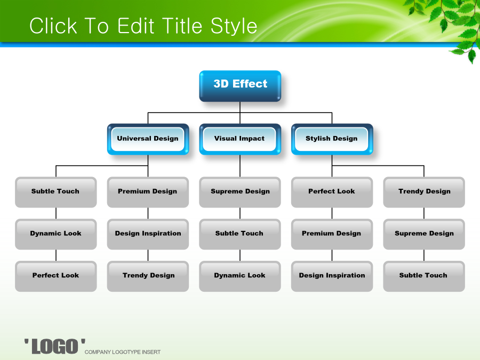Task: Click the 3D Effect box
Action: point(240,86)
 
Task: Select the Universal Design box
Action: point(148,139)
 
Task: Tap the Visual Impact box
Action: point(240,139)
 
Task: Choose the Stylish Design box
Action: point(332,139)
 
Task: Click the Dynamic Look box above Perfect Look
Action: point(55,234)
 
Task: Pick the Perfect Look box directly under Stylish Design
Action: point(332,192)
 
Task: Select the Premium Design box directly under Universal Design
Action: point(148,192)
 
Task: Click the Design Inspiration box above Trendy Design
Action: point(148,234)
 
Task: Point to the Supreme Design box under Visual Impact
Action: point(240,192)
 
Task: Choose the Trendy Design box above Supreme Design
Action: point(424,192)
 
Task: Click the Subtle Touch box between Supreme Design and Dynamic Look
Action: point(240,234)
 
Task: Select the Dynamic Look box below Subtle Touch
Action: point(240,276)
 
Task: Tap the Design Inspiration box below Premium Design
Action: point(332,276)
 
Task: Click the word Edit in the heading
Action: point(136,26)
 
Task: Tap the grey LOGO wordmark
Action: point(55,346)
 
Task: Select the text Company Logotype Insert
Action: point(123,352)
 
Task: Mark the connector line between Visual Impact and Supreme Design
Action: point(240,166)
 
